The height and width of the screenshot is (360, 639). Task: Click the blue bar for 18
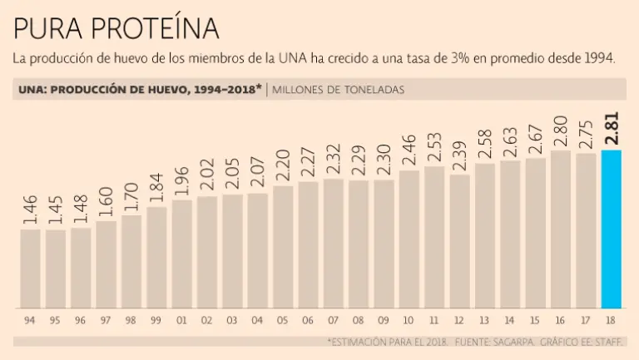612,229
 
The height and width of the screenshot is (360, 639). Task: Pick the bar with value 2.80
561,229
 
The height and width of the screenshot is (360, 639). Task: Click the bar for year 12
460,240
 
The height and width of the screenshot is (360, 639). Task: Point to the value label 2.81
612,130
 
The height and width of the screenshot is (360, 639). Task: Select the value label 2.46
409,150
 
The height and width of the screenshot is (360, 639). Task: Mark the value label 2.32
334,159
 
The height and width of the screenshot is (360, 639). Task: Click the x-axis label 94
30,320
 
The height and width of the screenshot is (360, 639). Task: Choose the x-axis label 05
283,320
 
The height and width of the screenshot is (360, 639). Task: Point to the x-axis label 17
586,320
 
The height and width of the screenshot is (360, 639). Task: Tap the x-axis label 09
384,320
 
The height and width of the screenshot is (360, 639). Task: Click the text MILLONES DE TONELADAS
339,89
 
